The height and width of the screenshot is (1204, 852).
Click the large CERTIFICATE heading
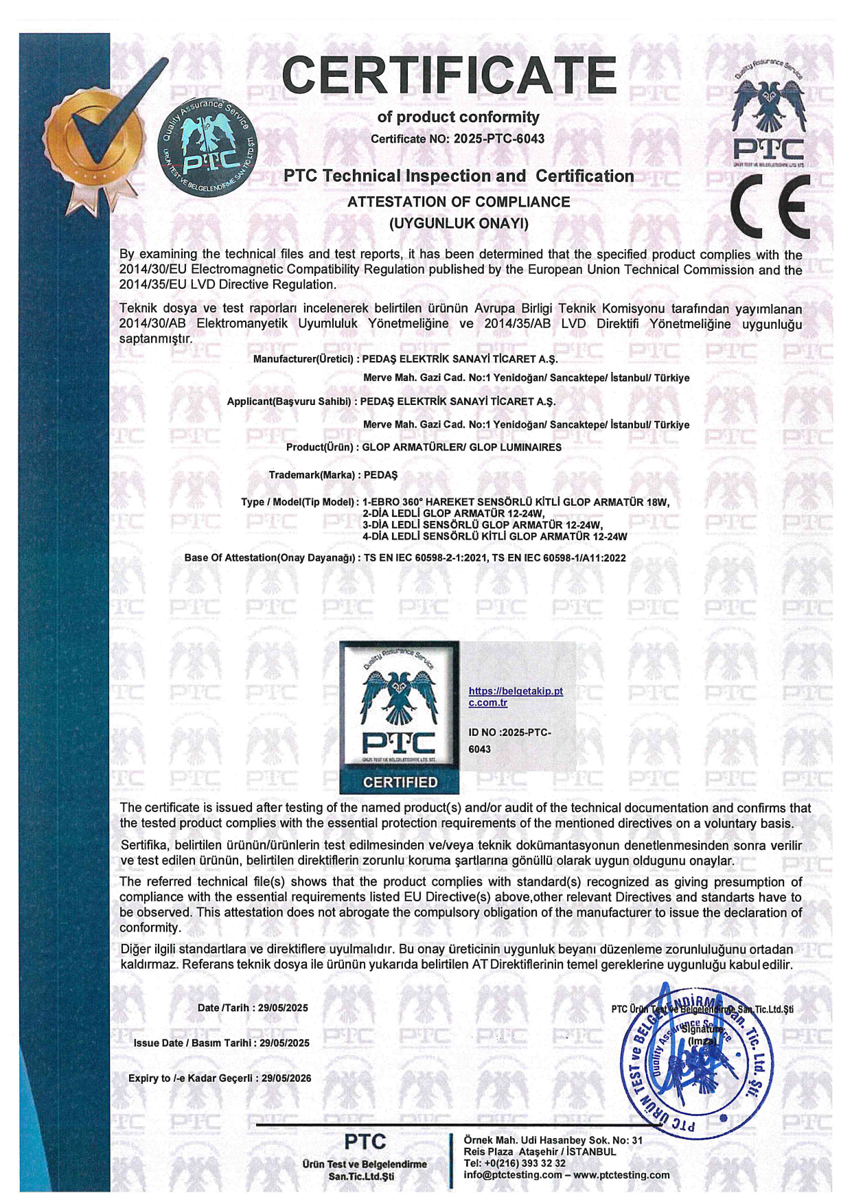(449, 76)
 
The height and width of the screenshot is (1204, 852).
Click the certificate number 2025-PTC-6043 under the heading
(499, 139)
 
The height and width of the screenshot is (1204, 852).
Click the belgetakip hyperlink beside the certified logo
(515, 697)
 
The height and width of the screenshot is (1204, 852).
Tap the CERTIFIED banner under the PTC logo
(400, 782)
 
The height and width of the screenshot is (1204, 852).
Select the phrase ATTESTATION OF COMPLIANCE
(459, 202)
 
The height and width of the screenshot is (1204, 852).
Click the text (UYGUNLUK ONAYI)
(459, 223)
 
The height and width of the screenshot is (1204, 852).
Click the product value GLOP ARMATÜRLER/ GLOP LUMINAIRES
(462, 448)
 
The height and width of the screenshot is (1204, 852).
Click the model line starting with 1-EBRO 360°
(515, 502)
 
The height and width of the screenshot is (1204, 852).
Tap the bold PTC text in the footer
(365, 1142)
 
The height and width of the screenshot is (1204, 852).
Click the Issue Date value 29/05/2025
(285, 1043)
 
